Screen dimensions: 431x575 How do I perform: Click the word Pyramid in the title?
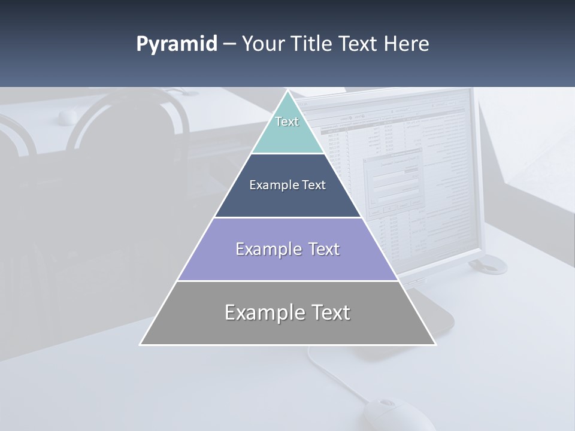[x=176, y=44]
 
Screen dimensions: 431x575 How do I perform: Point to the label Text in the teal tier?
[x=287, y=122]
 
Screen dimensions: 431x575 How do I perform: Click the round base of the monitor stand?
[x=488, y=263]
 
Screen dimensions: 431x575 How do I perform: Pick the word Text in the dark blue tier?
[x=314, y=186]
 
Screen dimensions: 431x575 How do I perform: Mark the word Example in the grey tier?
[x=264, y=312]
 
